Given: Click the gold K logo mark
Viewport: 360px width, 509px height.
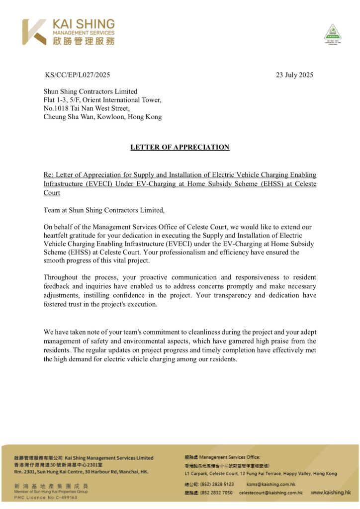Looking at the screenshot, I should [34, 32].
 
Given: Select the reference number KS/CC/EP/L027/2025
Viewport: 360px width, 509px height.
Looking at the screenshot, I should [77, 75].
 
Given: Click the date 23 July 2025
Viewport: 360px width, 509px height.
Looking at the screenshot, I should [294, 75].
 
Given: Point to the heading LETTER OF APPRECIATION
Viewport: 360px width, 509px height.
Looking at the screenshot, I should [180, 147].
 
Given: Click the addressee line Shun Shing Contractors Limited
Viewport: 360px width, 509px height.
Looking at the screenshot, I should [90, 91].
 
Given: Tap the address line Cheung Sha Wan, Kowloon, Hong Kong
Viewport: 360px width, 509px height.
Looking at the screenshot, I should [102, 117].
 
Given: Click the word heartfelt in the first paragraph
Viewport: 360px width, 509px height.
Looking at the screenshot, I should [58, 235].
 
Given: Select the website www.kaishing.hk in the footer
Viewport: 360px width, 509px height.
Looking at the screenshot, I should [331, 492].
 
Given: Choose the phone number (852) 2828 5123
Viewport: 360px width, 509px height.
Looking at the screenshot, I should [216, 484].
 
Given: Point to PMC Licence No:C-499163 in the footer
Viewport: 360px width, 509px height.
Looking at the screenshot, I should [46, 497].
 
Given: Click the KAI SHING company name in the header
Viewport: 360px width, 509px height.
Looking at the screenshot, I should [84, 24].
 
